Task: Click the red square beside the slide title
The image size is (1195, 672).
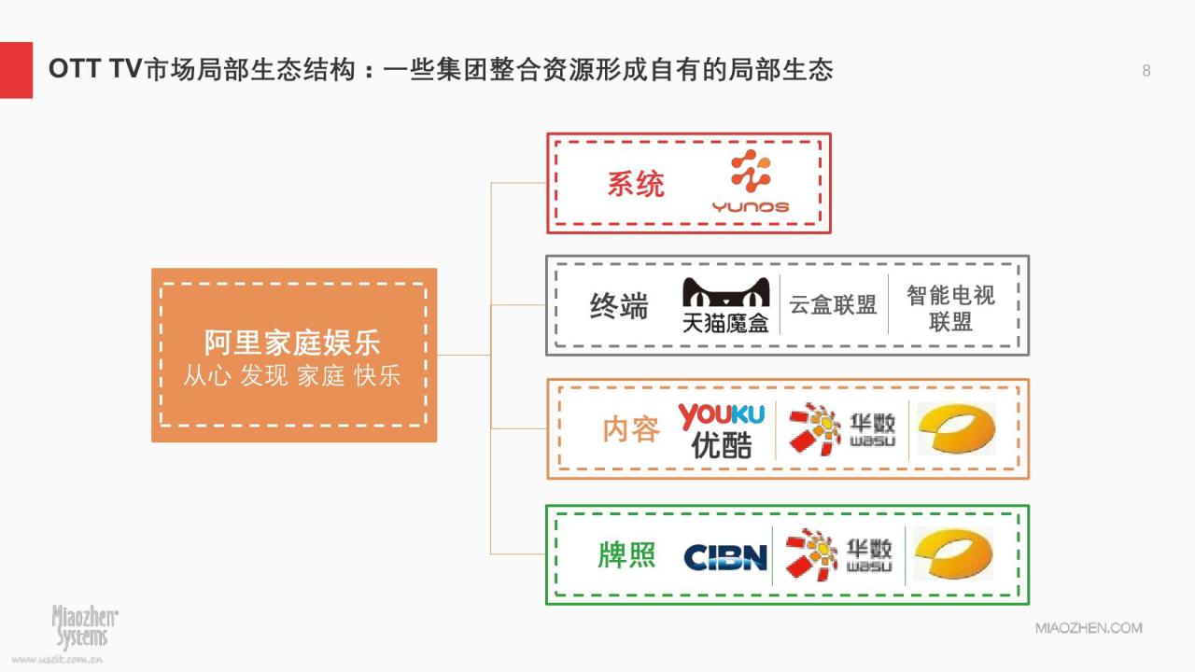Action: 16,70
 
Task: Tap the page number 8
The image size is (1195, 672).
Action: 1146,71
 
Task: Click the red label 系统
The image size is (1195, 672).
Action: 636,184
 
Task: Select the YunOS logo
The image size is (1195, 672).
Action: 751,181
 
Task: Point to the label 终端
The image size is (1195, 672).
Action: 619,306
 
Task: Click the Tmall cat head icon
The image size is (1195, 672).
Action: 726,292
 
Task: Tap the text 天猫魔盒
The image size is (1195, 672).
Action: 725,323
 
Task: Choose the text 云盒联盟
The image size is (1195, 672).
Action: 833,305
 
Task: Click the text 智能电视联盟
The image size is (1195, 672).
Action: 950,308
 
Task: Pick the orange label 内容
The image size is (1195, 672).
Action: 631,429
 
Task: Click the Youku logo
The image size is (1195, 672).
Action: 722,430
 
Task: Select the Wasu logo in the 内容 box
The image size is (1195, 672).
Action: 842,429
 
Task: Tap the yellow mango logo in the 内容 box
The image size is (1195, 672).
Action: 957,428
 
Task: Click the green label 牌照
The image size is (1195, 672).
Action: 626,554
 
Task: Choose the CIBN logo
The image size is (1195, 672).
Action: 725,557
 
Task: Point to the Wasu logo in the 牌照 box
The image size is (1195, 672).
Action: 839,554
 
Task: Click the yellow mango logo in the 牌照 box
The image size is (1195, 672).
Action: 954,553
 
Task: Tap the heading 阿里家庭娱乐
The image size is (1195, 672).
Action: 292,343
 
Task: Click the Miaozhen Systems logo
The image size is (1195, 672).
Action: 85,626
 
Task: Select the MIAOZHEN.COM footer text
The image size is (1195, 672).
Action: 1089,628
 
